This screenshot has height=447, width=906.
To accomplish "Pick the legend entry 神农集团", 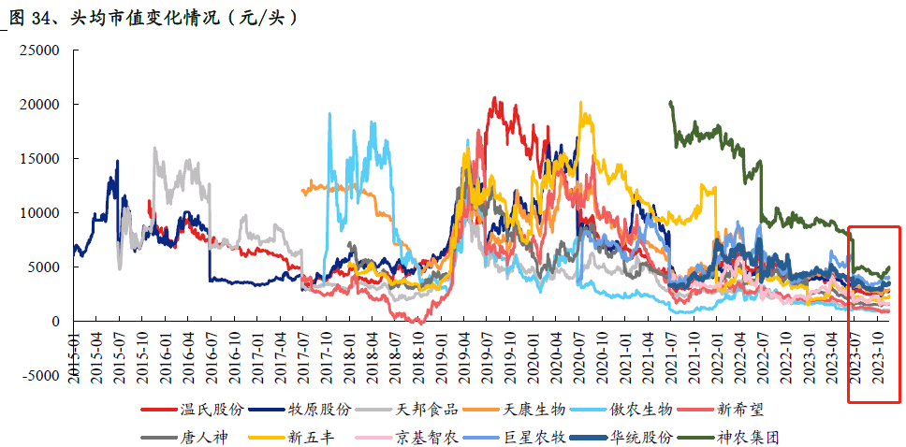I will click(x=748, y=436).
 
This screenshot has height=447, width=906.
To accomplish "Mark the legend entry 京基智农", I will click(x=428, y=436).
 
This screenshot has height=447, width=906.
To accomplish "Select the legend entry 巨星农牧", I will click(x=533, y=436).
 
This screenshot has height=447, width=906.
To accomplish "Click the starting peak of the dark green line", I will click(x=670, y=103).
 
